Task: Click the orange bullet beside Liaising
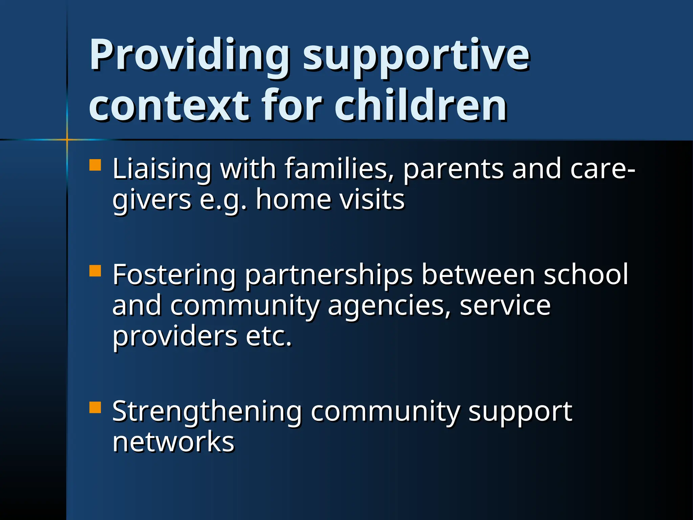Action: click(95, 165)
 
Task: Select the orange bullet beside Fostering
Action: click(95, 271)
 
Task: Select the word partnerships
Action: click(329, 275)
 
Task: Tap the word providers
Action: click(175, 337)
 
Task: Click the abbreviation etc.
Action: click(269, 337)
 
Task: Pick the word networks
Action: click(173, 441)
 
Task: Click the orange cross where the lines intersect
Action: click(67, 139)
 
